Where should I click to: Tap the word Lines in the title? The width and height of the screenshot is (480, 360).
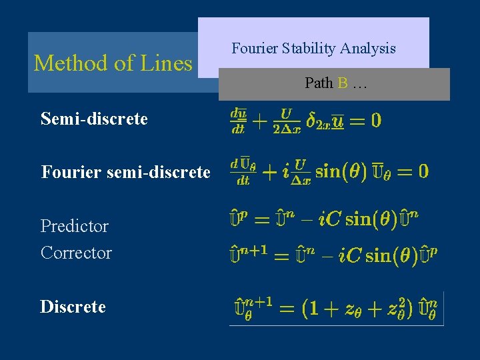point(166,63)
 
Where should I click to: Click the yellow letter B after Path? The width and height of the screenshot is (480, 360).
point(343,83)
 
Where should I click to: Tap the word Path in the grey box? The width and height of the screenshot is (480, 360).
point(319,83)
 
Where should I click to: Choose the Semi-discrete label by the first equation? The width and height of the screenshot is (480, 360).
point(94,119)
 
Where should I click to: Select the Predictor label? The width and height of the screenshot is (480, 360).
point(75,226)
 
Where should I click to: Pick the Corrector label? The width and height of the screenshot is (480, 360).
point(76,253)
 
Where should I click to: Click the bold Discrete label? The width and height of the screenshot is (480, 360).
point(73,307)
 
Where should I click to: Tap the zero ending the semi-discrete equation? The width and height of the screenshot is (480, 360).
point(375,120)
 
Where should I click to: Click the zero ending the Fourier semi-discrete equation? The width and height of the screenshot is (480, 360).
point(421,171)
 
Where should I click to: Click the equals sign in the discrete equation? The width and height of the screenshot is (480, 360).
point(287,309)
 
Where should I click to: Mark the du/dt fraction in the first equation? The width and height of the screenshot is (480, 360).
point(238,120)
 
